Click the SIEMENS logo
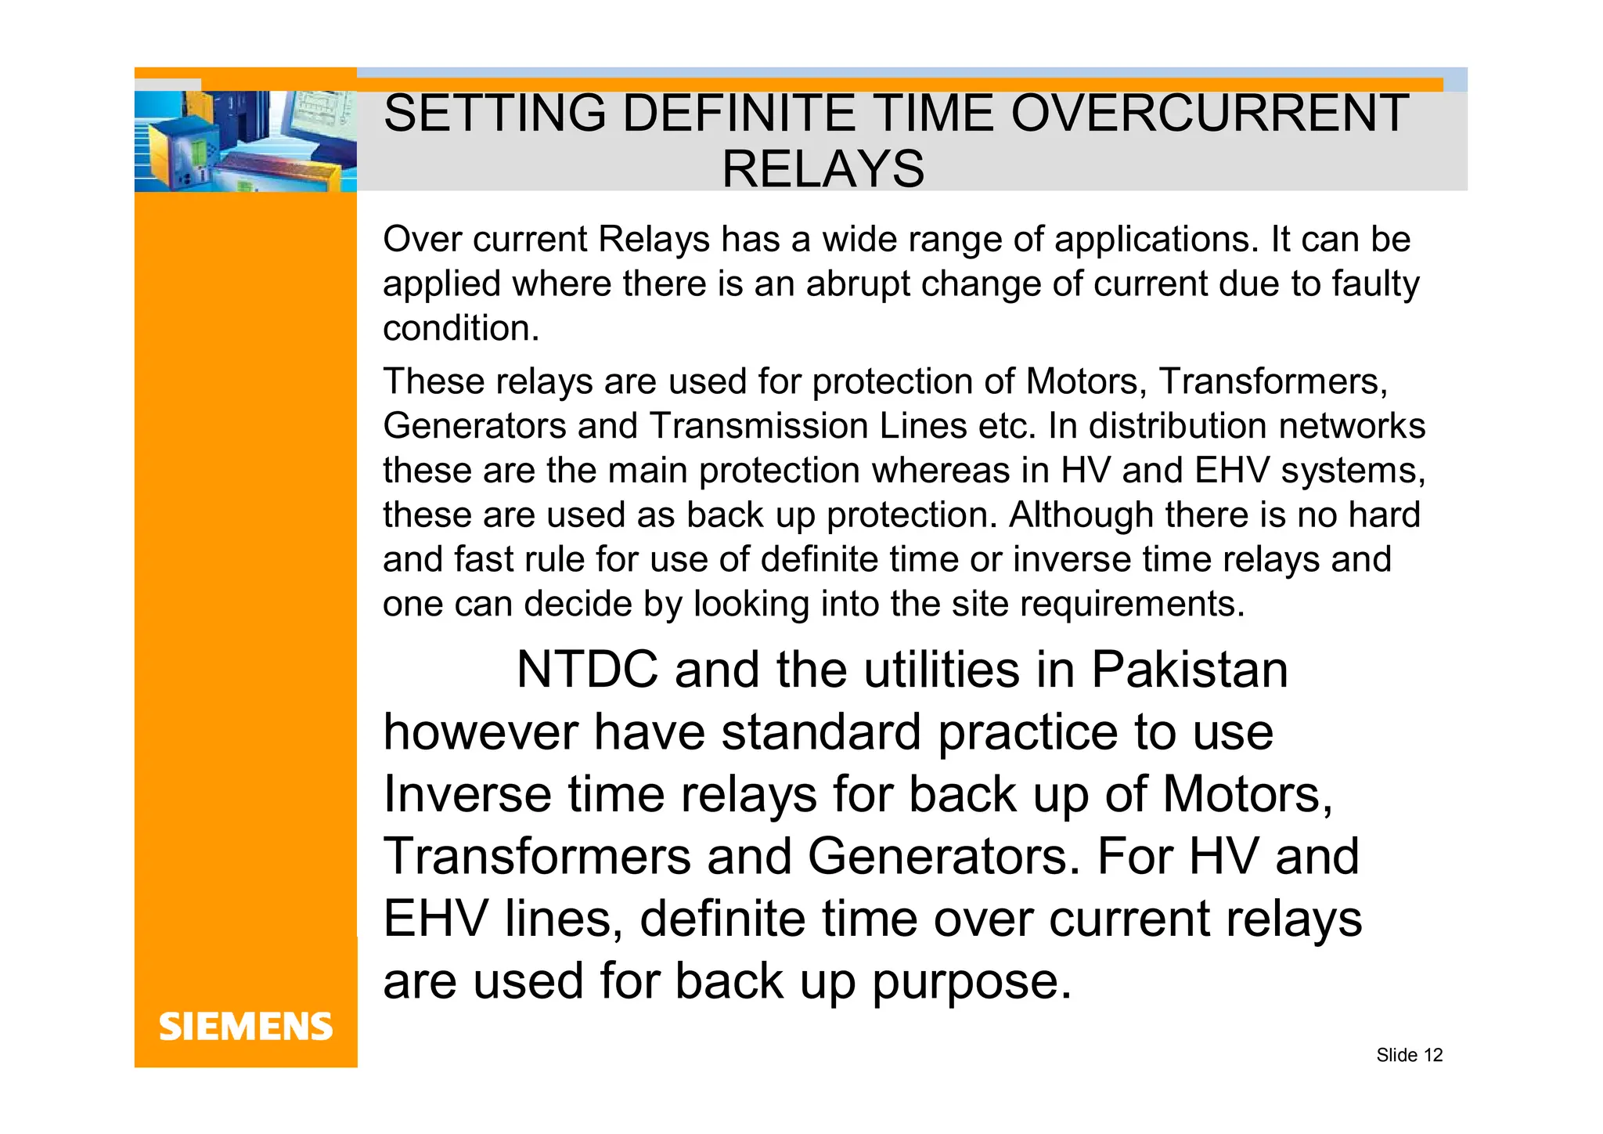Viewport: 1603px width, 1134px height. [x=246, y=1027]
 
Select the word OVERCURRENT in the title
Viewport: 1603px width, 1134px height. [x=1209, y=114]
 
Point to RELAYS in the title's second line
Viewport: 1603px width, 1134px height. [x=823, y=169]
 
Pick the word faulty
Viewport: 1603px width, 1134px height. [x=1375, y=283]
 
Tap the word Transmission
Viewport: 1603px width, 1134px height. [x=758, y=426]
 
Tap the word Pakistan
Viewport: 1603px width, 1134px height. [x=1189, y=670]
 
